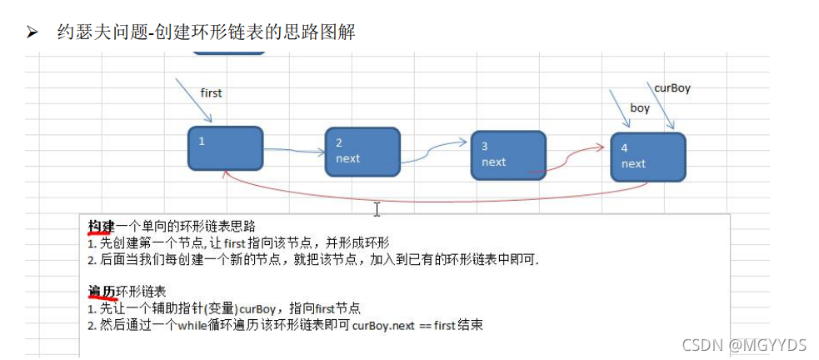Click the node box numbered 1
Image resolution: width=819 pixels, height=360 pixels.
click(x=225, y=148)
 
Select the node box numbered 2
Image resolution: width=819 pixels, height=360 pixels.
click(x=362, y=151)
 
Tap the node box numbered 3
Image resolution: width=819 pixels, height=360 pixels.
click(x=507, y=155)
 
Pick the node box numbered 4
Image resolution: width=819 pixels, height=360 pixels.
click(x=647, y=157)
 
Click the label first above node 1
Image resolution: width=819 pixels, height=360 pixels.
click(x=212, y=92)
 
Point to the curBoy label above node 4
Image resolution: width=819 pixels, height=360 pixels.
click(x=672, y=87)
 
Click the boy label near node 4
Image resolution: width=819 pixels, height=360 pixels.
click(x=640, y=107)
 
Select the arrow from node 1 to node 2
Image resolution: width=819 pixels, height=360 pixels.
click(x=294, y=152)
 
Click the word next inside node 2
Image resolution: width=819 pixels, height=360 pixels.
click(x=348, y=158)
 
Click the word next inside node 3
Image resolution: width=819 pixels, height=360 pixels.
click(x=494, y=162)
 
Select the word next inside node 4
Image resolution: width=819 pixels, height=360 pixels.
click(x=633, y=163)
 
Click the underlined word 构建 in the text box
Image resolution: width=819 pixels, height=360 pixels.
click(x=102, y=227)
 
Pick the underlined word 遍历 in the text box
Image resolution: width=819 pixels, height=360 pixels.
click(x=102, y=291)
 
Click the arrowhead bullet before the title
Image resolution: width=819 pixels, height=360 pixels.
click(x=32, y=32)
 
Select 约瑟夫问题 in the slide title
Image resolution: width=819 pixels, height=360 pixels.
click(x=91, y=32)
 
